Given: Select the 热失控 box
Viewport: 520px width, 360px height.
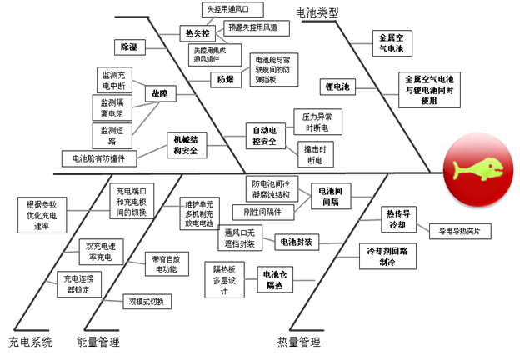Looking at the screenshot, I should (x=197, y=33).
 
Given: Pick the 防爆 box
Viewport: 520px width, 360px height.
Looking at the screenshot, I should (x=224, y=80).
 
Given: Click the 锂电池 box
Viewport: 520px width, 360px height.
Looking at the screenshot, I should (x=338, y=87).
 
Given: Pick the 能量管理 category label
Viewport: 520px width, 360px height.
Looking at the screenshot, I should (x=98, y=342).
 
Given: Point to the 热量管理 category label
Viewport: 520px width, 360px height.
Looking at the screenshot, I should (x=298, y=342).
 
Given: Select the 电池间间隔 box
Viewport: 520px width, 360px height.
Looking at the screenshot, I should (x=333, y=196).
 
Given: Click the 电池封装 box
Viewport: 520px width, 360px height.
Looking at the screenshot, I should (x=295, y=242).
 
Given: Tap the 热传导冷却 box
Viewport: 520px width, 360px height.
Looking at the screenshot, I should (x=396, y=219).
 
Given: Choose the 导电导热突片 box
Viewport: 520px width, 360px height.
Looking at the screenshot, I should (x=460, y=231).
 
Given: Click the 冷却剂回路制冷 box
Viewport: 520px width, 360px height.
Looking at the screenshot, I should (x=387, y=255).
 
